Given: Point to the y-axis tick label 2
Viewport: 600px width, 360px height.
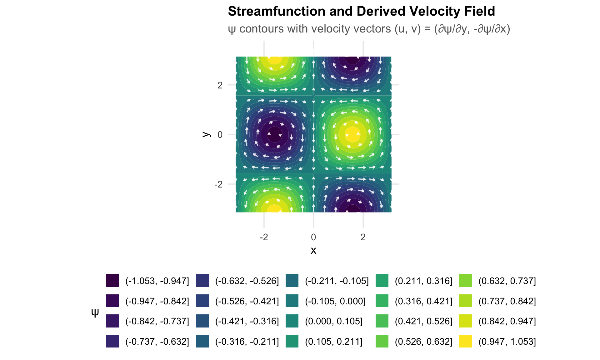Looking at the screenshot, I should pos(220,85).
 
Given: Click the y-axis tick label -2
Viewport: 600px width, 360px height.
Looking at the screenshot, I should pos(218,184).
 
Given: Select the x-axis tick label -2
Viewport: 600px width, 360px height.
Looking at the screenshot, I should pos(264,237).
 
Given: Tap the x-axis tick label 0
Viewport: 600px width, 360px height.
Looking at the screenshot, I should pos(313,237).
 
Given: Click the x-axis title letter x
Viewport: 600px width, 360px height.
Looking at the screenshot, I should pos(313,250).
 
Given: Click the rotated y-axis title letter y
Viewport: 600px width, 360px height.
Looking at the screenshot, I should pos(206,134).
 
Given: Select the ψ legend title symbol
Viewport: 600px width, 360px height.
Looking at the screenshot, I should pos(95,312).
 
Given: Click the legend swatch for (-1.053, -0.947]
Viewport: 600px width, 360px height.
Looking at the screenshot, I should pos(112,281).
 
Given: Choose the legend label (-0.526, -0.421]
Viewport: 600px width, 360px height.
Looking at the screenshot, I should pos(247,301).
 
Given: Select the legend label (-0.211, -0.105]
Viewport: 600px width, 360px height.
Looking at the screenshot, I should pos(337,281).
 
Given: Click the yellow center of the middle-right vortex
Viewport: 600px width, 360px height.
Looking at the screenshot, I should pos(352,134).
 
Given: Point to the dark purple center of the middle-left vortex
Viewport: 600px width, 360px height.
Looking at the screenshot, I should pos(274,134).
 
